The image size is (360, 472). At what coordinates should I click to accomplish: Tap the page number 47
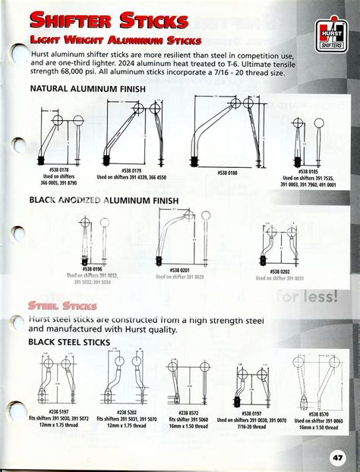[338, 458]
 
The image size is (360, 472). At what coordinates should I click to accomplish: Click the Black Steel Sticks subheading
[70, 343]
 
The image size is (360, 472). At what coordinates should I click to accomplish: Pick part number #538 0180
[227, 173]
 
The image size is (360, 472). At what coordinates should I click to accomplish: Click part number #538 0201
[179, 270]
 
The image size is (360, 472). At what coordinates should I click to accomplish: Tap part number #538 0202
[279, 271]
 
